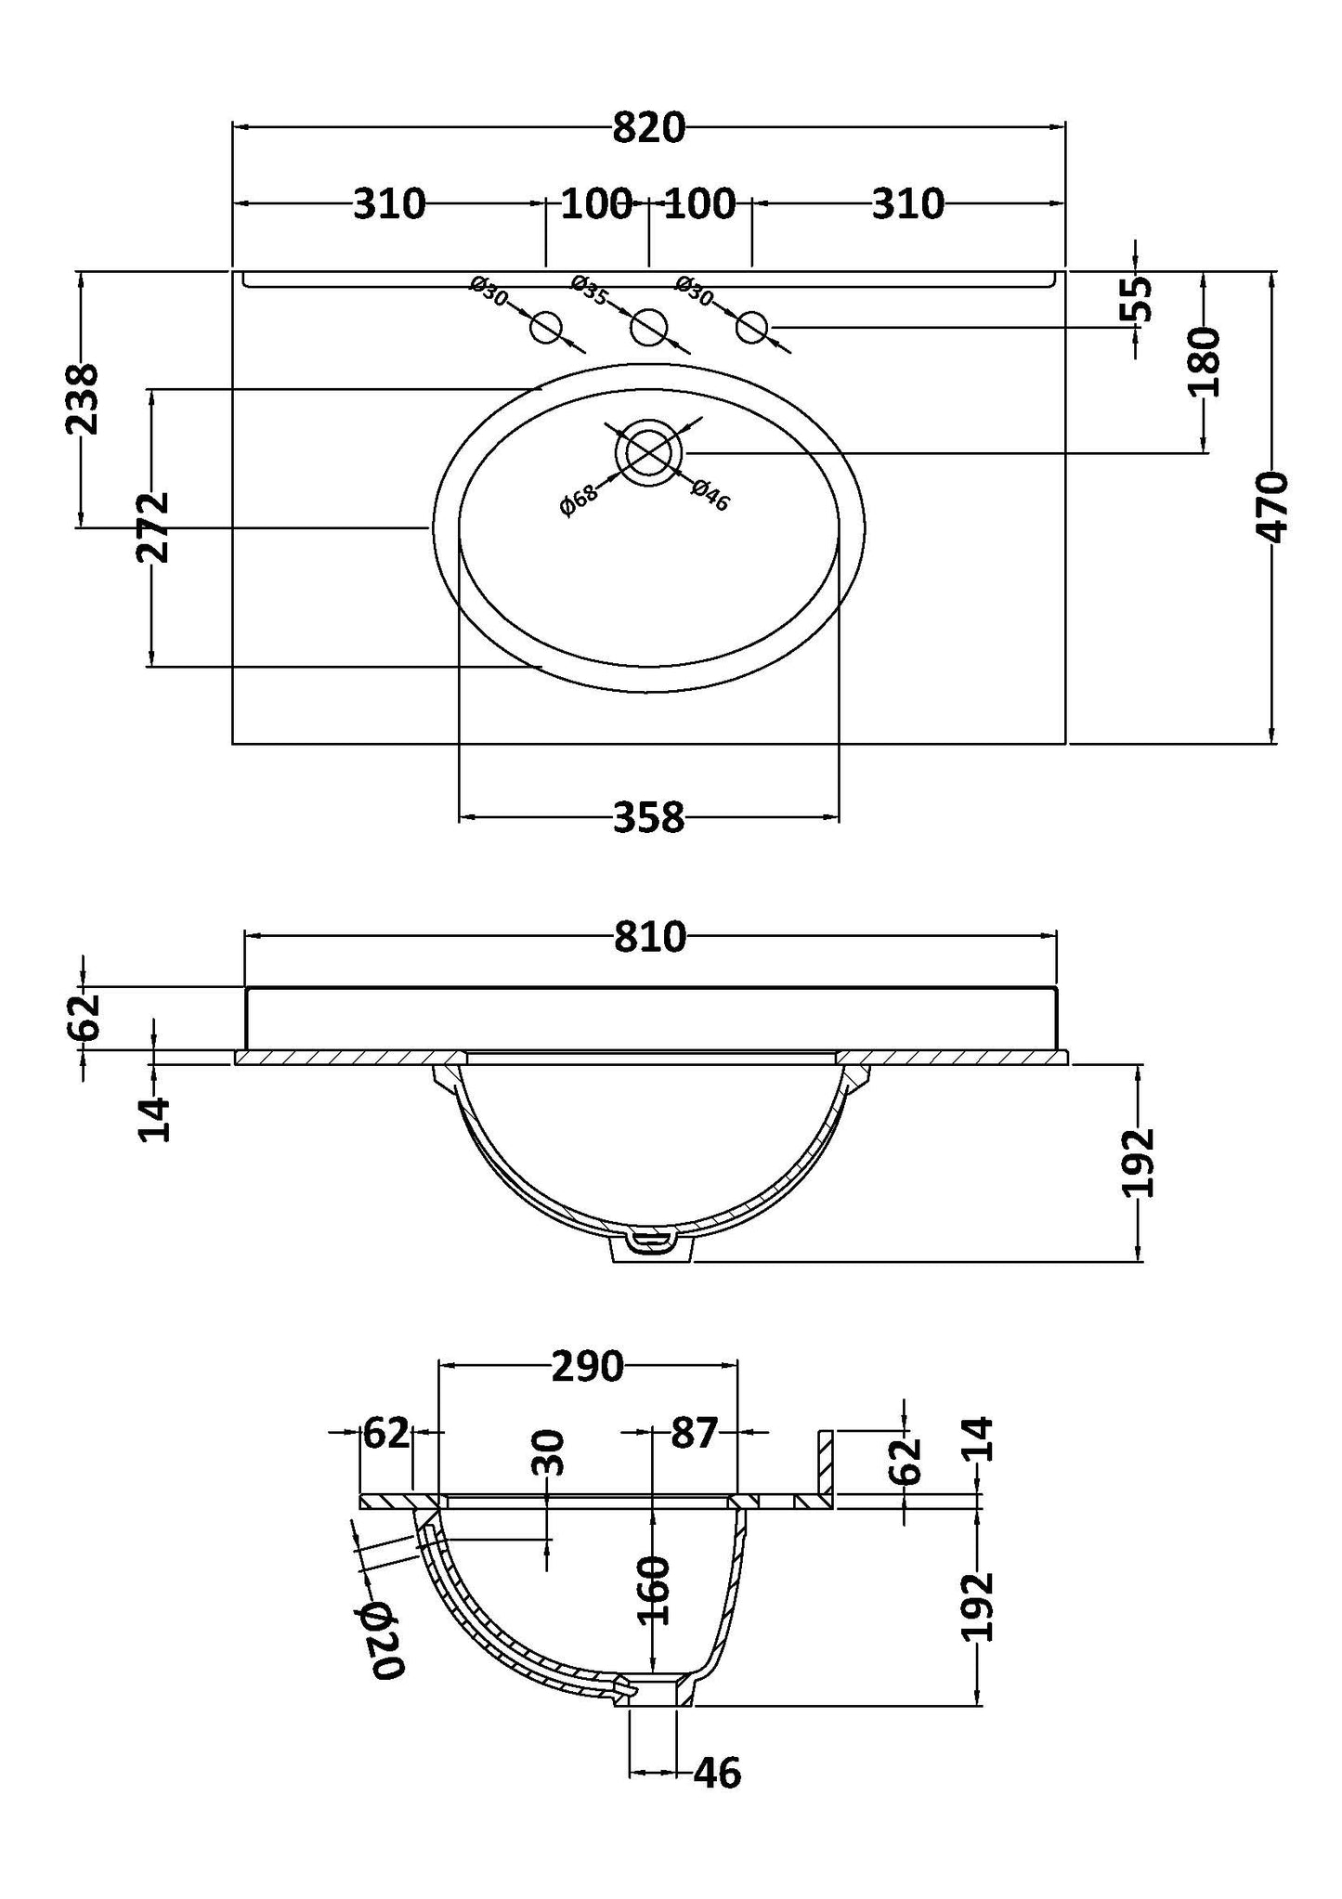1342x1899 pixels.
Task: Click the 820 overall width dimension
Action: click(x=648, y=128)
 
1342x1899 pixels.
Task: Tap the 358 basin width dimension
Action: click(x=648, y=818)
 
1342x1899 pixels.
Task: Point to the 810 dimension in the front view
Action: click(x=649, y=938)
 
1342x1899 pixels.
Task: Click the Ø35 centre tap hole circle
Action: click(x=648, y=327)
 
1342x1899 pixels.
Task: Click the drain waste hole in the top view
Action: click(x=648, y=452)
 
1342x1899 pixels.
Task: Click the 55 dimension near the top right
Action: click(x=1139, y=299)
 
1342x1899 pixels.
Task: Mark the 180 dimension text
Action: click(x=1204, y=362)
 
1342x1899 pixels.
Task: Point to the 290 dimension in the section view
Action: click(x=587, y=1366)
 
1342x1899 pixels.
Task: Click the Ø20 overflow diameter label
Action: click(x=380, y=1641)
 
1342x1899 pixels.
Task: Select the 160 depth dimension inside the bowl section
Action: click(x=655, y=1591)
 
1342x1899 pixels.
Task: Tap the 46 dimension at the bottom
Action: click(x=717, y=1773)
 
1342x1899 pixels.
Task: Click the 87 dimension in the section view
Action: click(x=695, y=1433)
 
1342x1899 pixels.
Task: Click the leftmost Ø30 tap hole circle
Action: click(x=546, y=327)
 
